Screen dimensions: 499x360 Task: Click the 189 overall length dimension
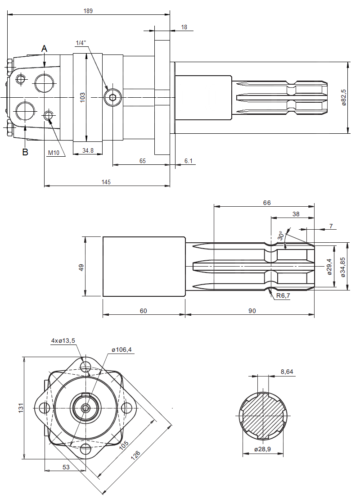pyautogui.click(x=88, y=11)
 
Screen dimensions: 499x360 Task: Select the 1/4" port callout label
pyautogui.click(x=81, y=43)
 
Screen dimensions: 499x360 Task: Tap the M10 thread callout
pyautogui.click(x=54, y=153)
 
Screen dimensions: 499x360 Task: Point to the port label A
pyautogui.click(x=44, y=48)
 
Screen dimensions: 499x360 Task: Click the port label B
pyautogui.click(x=25, y=152)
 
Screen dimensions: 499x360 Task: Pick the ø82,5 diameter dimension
pyautogui.click(x=343, y=97)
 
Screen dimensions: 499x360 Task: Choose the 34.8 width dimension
pyautogui.click(x=88, y=150)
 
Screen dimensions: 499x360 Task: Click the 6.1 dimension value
pyautogui.click(x=189, y=161)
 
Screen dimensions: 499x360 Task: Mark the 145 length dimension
pyautogui.click(x=106, y=182)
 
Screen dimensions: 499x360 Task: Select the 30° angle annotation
pyautogui.click(x=281, y=235)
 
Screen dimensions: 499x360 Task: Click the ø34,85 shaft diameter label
pyautogui.click(x=343, y=267)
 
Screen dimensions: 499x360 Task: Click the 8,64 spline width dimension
pyautogui.click(x=287, y=372)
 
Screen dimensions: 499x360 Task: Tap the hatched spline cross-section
pyautogui.click(x=263, y=414)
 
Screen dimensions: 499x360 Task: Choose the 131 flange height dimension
pyautogui.click(x=20, y=408)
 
